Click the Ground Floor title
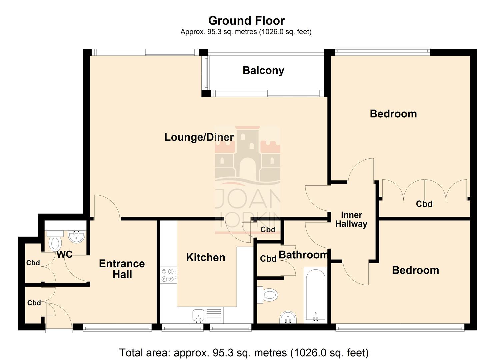246,21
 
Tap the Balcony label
263,70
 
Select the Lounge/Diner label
199,137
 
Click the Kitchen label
205,257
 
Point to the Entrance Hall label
122,269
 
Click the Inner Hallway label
351,220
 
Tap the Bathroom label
303,255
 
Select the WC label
64,255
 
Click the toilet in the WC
55,243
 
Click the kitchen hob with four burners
168,275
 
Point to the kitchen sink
198,315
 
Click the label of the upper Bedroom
393,114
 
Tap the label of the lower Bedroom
415,270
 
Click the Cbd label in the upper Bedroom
424,204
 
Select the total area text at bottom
244,352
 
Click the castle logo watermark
247,157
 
